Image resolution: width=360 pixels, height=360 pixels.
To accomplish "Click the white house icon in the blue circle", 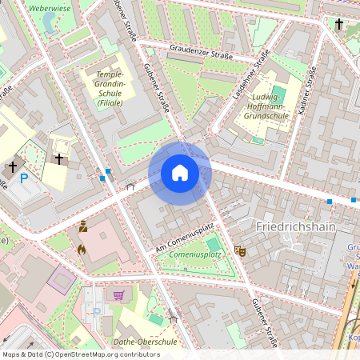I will click(x=180, y=173).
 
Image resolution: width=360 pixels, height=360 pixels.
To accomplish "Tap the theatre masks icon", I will click(x=238, y=250).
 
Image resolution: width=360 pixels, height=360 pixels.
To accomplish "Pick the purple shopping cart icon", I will click(x=119, y=294).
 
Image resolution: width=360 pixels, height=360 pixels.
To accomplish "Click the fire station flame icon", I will click(x=81, y=250).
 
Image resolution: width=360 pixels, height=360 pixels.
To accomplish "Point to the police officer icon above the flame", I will click(x=82, y=227).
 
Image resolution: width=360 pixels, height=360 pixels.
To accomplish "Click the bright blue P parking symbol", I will click(x=24, y=178).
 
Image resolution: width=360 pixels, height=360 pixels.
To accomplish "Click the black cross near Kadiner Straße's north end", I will click(x=338, y=26).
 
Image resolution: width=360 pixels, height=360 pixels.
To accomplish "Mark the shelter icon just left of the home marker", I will click(x=130, y=186).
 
